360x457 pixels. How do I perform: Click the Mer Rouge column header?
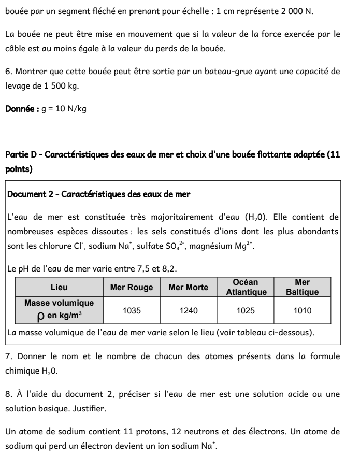[x=132, y=287]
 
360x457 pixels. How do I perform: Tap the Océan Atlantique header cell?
[x=246, y=287]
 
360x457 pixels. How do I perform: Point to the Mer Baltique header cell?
[x=302, y=287]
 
